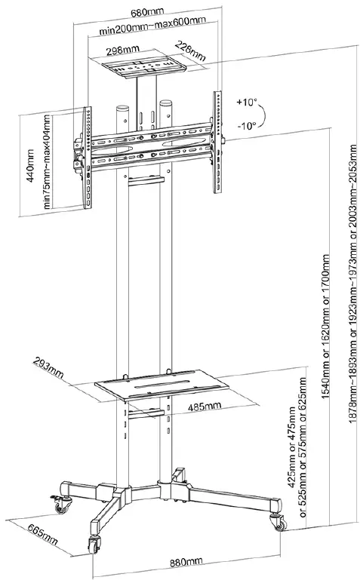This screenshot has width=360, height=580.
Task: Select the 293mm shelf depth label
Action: click(x=49, y=367)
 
